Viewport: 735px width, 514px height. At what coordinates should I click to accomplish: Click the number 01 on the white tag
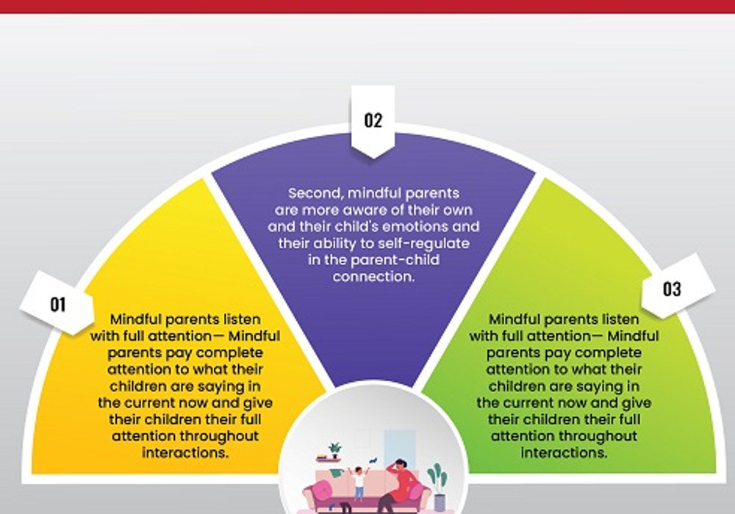[57, 305]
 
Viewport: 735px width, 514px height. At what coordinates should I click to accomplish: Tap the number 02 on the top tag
[373, 120]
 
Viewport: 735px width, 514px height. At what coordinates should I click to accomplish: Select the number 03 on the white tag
[672, 289]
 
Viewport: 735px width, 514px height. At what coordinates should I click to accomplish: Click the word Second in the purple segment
[315, 193]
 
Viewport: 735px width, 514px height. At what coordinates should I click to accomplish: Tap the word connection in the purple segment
[373, 277]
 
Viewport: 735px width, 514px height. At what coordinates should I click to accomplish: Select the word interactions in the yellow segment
[185, 453]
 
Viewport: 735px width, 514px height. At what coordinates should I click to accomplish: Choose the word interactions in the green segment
[564, 453]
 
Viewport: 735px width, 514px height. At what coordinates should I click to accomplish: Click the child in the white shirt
[359, 484]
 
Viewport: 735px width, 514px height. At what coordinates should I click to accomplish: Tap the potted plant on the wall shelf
[334, 450]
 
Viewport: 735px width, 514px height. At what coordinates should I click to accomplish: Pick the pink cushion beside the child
[323, 489]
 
